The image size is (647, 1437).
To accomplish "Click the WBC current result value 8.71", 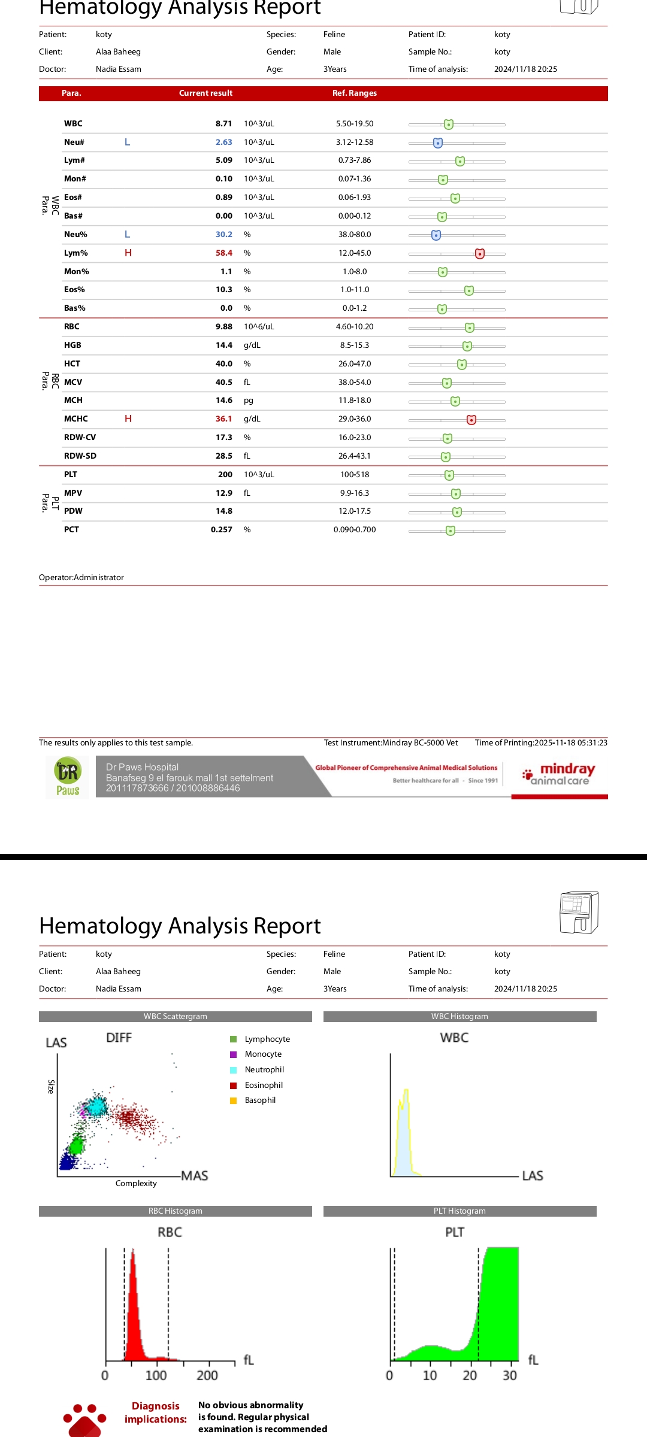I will coord(223,124).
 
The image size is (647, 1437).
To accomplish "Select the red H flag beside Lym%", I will coord(128,253).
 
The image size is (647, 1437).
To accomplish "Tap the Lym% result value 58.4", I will coord(223,253).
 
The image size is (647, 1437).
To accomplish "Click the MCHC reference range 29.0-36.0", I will coord(355,419).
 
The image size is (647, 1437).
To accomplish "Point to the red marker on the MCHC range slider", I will coord(471,420).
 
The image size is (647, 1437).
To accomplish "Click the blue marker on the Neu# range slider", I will coord(438,143).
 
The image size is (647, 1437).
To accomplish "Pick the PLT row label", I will coord(71,475).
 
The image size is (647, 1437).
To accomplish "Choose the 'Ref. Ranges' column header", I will coord(355,93).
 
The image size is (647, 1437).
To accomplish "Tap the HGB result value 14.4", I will coord(223,345).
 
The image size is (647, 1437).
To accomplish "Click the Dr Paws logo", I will coord(68,777).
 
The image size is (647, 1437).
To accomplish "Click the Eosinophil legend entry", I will coord(263,1085).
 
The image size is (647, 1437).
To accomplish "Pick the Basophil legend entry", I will coord(259,1100).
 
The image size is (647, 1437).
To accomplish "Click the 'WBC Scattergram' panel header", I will coord(175,1017).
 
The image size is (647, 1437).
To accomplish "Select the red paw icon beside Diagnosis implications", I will coord(84,1420).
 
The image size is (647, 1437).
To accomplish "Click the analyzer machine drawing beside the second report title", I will coord(579,912).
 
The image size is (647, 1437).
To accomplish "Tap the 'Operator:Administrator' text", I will coord(81,578).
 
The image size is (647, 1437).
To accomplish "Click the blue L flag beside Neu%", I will coord(127,235).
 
